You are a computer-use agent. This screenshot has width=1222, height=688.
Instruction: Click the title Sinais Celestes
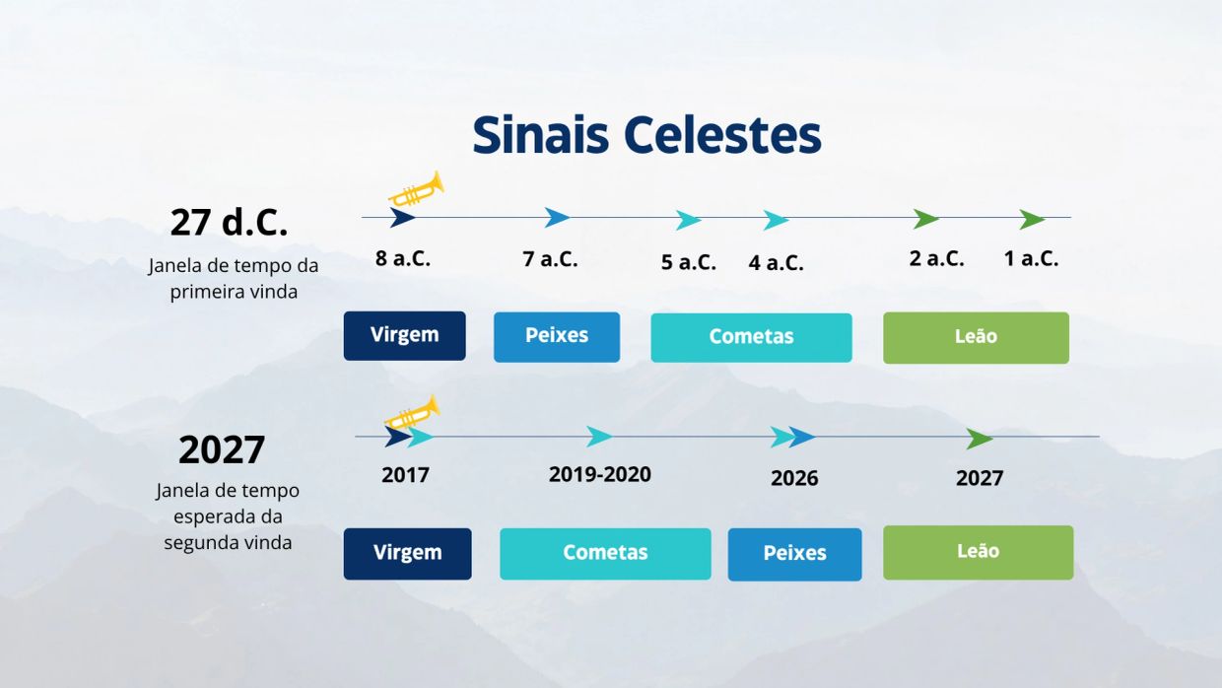point(647,134)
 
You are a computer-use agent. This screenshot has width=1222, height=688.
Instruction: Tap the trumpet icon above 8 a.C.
point(416,189)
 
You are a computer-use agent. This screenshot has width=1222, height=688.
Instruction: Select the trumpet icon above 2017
point(412,412)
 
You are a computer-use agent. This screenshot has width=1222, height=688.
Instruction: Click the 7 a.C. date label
point(550,258)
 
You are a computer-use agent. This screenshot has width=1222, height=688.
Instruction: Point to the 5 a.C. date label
point(689,262)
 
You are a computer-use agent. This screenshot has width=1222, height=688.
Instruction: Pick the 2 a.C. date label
point(936,258)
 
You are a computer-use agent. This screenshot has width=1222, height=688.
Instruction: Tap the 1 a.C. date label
point(1031,258)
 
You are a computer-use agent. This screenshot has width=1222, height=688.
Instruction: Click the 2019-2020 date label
point(600,474)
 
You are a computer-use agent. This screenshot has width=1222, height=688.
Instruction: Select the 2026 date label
point(794,478)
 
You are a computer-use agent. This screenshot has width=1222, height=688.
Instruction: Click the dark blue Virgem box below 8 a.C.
point(405,335)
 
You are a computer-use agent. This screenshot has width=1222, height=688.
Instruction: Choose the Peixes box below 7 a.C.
point(557,337)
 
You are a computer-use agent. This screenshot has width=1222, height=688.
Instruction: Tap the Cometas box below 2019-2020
point(605,554)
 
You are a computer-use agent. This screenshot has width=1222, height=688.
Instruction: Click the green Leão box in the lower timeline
point(979,552)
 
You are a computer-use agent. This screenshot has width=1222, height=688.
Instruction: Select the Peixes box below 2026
point(795,554)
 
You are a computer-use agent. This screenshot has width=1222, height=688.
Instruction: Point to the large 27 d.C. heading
point(229,223)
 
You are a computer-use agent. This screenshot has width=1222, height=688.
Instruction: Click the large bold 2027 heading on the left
point(222,449)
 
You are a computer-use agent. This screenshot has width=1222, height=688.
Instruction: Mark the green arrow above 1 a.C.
point(1032,220)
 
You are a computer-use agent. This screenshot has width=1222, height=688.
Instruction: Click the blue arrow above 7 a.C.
point(557,217)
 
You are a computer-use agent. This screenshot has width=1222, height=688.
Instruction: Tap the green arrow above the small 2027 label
point(980,439)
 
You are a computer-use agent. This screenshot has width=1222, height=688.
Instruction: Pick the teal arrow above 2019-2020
point(599,437)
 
